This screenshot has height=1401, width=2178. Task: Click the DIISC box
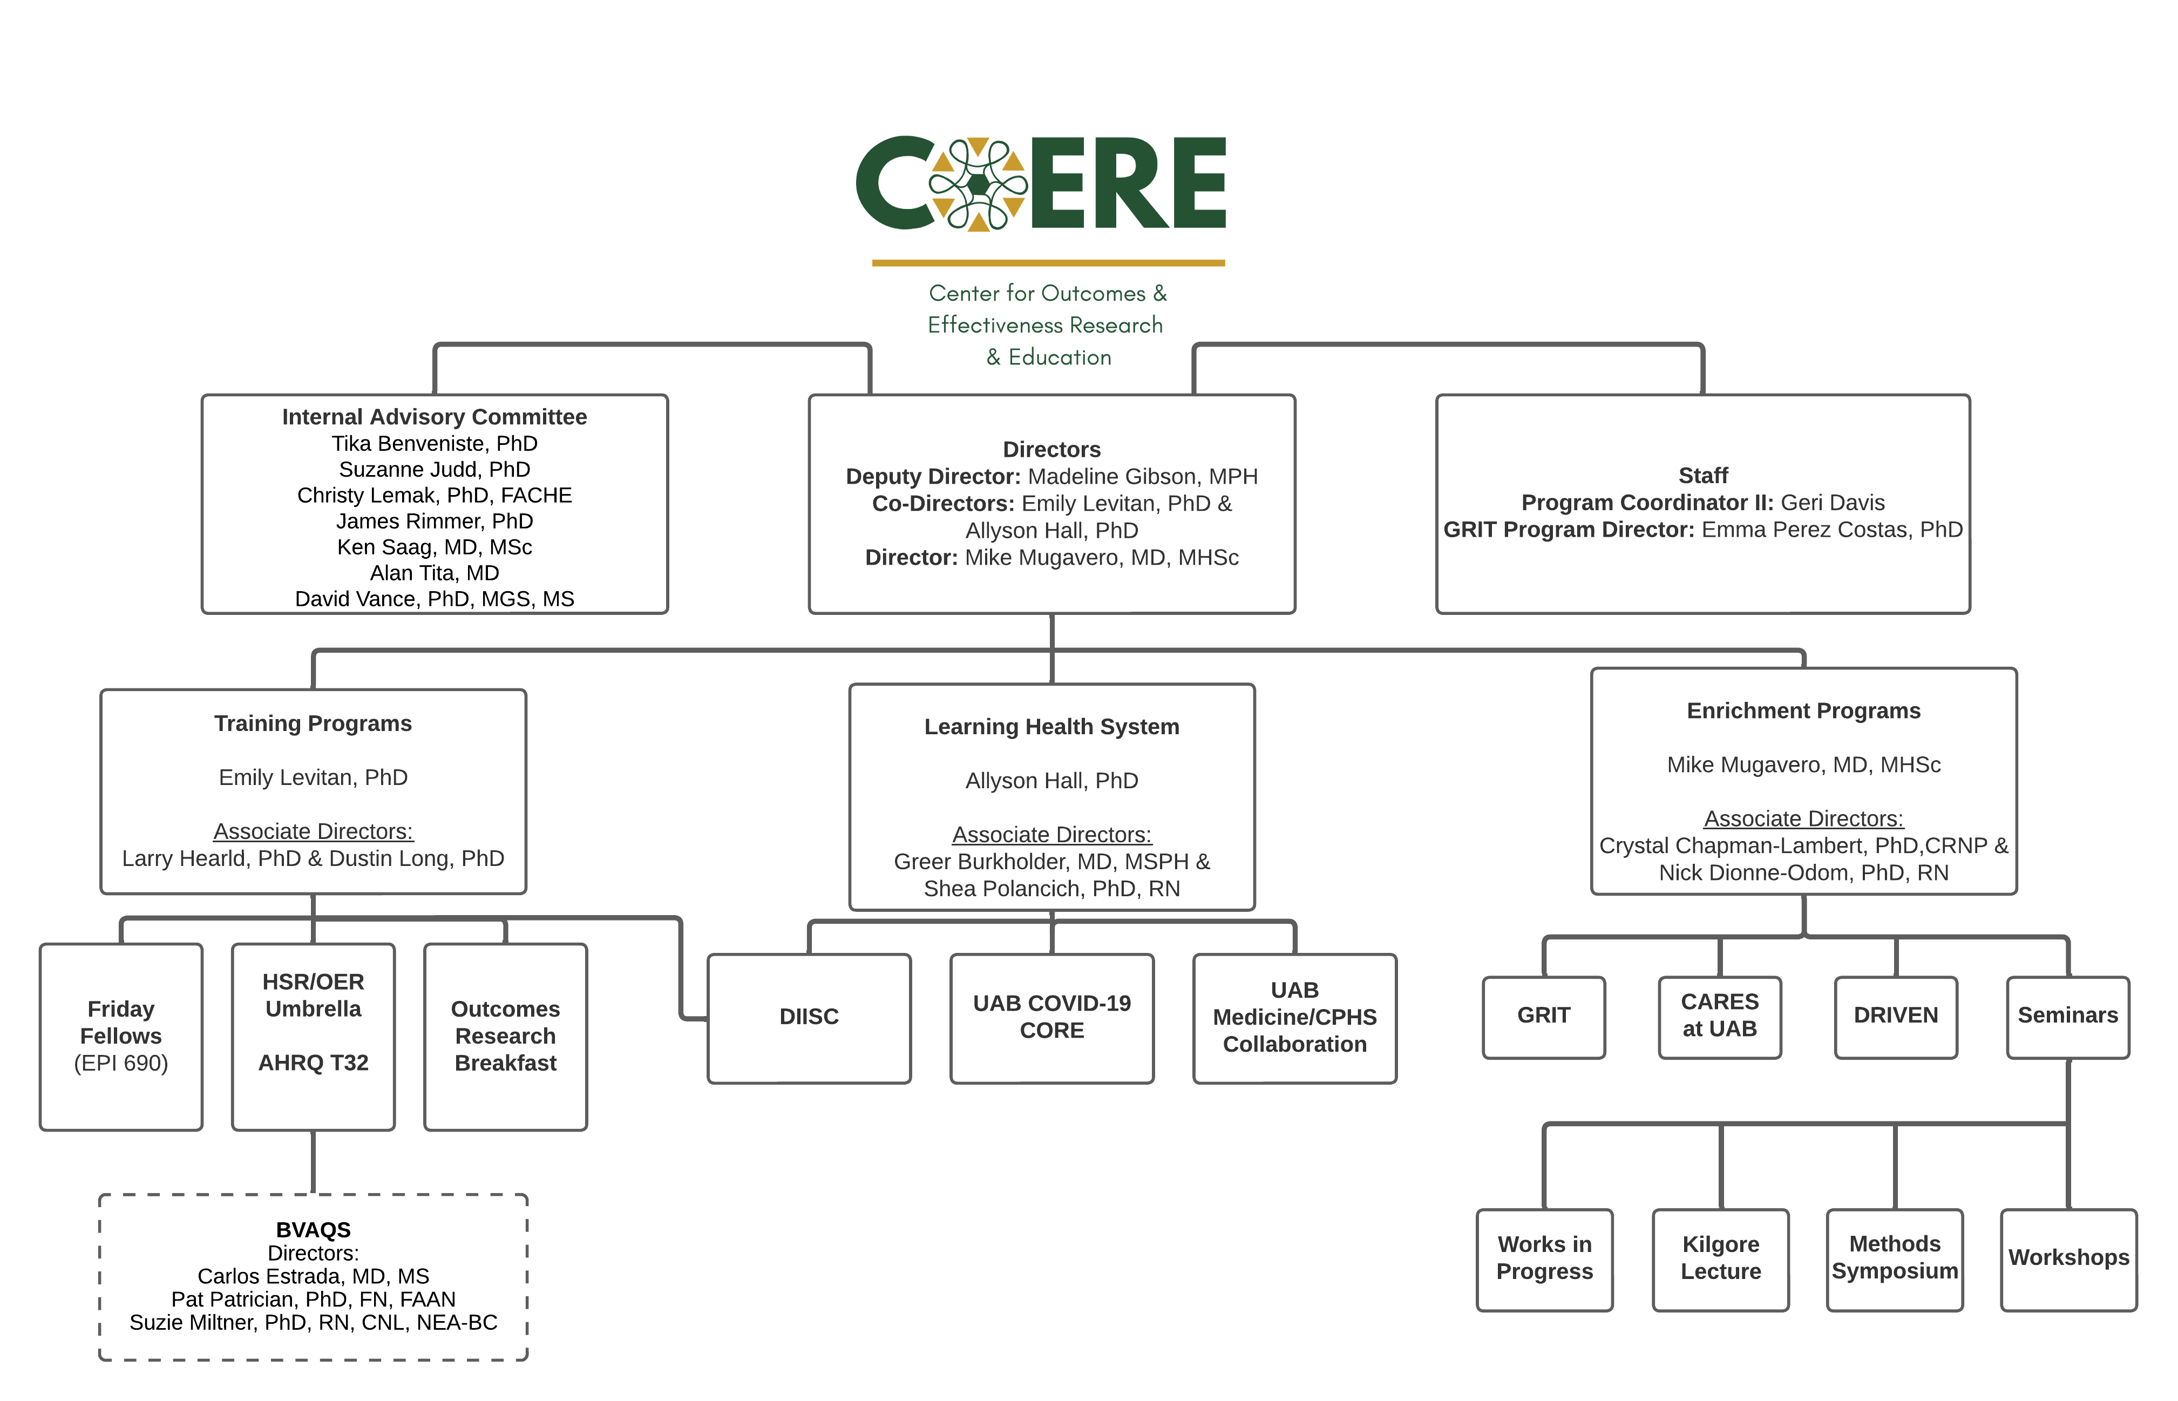809,1017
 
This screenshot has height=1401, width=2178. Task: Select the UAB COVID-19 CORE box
1051,1017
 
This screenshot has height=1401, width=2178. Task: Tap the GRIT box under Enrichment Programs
1543,1016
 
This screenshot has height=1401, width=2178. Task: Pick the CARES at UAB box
1719,1016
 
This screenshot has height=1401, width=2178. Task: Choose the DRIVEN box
1895,1016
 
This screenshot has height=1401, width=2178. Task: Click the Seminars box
2067,1016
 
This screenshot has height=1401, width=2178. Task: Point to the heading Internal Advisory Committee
434,417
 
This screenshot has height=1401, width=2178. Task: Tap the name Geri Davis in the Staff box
1833,503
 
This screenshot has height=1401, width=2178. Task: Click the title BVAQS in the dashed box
313,1230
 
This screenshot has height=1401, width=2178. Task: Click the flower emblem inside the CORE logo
978,185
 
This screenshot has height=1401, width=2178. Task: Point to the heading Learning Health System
1051,727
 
